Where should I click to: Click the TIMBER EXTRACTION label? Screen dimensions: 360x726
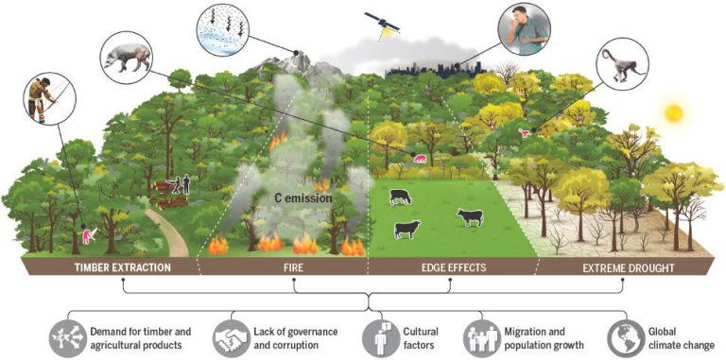pyautogui.click(x=124, y=267)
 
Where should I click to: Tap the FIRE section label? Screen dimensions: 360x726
pyautogui.click(x=282, y=267)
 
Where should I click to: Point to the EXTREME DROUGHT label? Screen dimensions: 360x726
pyautogui.click(x=625, y=267)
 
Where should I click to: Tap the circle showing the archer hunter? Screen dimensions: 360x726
pyautogui.click(x=39, y=95)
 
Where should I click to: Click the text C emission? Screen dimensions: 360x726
pyautogui.click(x=302, y=198)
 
